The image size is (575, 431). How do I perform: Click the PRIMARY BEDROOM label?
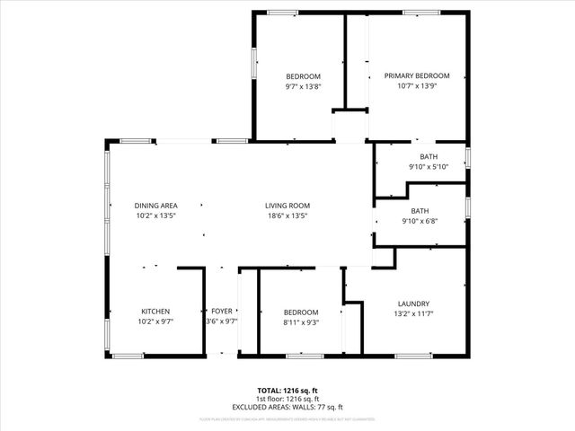(417, 76)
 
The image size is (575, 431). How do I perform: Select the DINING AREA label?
(156, 206)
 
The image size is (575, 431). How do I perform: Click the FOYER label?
(222, 312)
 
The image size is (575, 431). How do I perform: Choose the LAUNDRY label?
(413, 303)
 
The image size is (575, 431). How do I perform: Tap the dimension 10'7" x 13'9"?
(417, 87)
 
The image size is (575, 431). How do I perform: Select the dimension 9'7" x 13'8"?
(304, 87)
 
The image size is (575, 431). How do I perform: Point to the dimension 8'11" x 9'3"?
(301, 322)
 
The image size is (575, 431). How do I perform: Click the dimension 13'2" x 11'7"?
(413, 314)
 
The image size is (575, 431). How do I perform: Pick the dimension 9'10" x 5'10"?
(429, 166)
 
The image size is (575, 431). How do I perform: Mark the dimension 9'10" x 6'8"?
(429, 222)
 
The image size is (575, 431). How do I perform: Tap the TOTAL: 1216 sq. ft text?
(287, 391)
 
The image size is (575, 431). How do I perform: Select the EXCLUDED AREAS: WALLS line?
(287, 407)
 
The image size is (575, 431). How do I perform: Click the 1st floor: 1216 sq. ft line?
(287, 399)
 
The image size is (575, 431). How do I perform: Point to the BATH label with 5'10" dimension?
(429, 156)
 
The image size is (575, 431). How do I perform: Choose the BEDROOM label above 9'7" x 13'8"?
(304, 76)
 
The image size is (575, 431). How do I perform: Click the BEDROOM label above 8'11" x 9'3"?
(301, 312)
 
